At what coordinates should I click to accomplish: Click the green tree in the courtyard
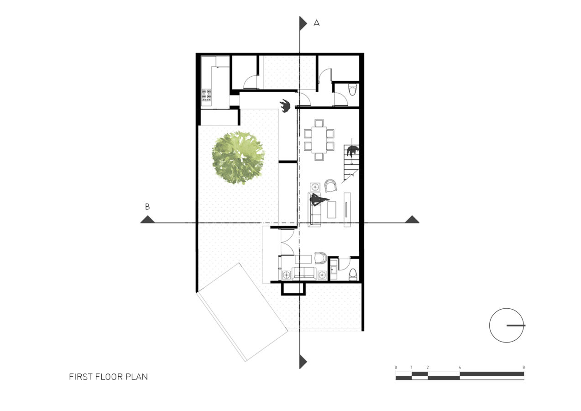click(238, 158)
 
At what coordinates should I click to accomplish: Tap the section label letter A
click(316, 23)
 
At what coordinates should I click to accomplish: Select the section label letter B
click(147, 206)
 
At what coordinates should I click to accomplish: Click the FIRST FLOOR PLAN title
click(108, 377)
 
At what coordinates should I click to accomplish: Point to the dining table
click(319, 140)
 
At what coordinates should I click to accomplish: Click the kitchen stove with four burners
click(206, 95)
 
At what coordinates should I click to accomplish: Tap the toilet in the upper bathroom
click(353, 89)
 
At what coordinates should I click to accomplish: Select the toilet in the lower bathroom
click(352, 274)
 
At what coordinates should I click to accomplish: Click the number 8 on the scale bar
click(523, 367)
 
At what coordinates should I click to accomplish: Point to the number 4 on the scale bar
click(460, 367)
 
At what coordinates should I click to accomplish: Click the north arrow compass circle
click(506, 325)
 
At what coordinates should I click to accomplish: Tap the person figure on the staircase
click(352, 151)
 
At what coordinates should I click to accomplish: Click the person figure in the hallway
click(285, 105)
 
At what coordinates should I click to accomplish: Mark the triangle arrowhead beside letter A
click(303, 23)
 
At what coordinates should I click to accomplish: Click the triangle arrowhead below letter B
click(147, 220)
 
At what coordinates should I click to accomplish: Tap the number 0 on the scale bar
click(396, 367)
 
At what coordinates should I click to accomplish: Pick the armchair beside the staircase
click(330, 186)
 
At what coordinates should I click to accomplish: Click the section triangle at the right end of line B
click(412, 220)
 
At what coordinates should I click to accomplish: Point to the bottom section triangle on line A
click(303, 362)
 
